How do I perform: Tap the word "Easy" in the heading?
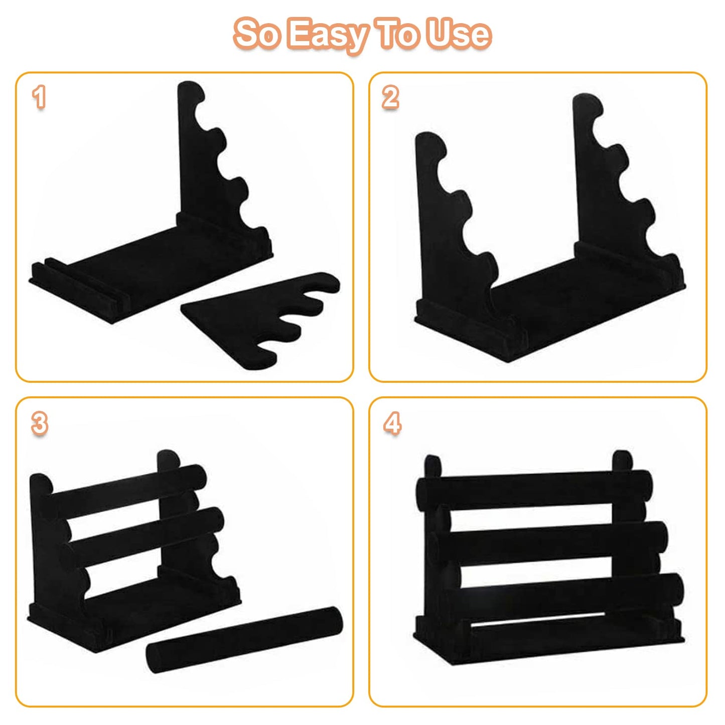(x=327, y=36)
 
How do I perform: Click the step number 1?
(x=39, y=97)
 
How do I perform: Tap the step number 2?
(x=390, y=97)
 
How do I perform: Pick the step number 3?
(x=40, y=423)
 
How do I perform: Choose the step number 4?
(x=392, y=423)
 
